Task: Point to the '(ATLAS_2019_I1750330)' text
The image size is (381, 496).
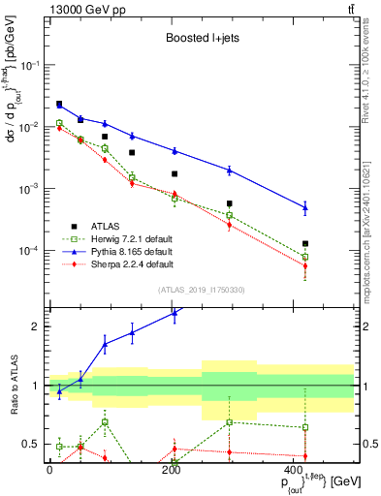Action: point(200,290)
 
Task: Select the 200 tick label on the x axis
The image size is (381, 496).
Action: point(172,471)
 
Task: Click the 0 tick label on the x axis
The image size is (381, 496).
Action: point(49,471)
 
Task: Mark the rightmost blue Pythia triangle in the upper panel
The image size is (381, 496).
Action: point(305,207)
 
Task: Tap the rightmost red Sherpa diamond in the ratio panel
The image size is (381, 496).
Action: point(305,456)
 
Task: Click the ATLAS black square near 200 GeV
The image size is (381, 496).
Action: point(175,174)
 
